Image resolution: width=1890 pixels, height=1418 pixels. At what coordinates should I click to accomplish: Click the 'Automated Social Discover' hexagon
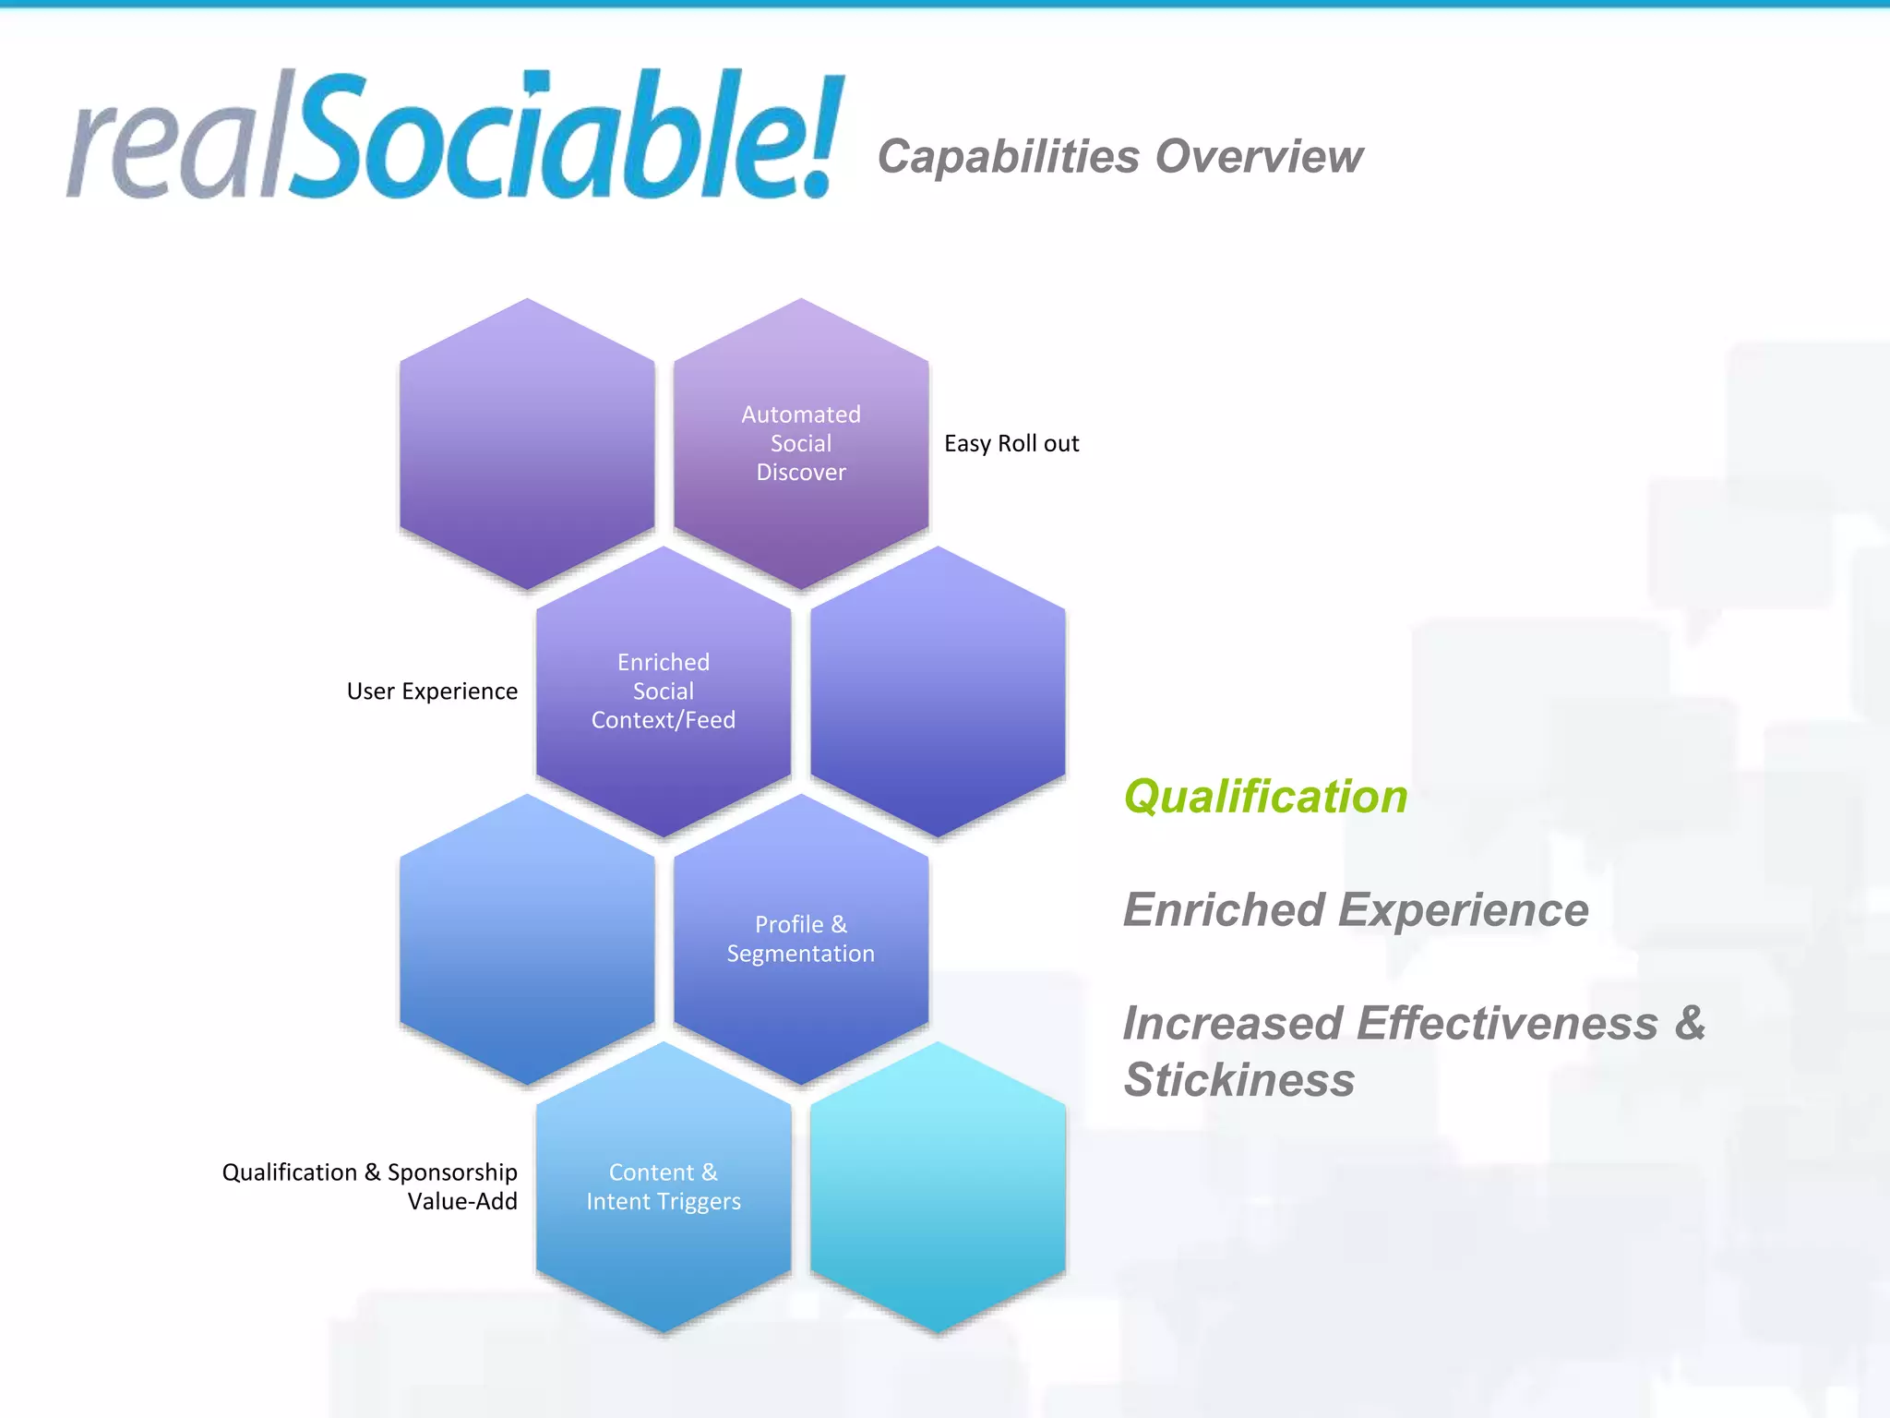[x=801, y=443]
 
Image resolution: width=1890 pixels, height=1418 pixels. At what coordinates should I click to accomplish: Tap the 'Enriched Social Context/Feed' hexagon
[x=664, y=691]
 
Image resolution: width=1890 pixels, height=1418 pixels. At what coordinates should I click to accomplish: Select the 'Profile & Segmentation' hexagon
[x=801, y=939]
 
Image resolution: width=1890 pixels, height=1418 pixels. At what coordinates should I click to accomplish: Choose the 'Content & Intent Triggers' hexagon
[x=664, y=1186]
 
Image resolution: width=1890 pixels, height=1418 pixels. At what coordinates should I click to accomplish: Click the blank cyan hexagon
[x=938, y=1187]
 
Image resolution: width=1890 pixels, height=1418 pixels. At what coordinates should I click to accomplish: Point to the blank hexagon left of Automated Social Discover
[x=527, y=443]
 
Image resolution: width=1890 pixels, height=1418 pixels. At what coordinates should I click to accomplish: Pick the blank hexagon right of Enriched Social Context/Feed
[x=938, y=691]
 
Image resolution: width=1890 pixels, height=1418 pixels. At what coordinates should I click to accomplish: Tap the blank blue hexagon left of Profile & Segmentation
[x=527, y=939]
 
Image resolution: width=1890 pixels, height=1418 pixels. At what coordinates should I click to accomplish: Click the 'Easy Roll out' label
[x=1011, y=444]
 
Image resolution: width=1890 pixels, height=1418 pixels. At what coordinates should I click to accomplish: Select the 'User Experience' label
[x=432, y=691]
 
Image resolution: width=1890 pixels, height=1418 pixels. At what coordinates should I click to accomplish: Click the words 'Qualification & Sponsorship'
[x=369, y=1172]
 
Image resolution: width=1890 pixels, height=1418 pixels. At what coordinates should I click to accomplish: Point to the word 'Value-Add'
[x=462, y=1201]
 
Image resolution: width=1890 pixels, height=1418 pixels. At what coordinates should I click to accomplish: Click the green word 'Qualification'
[x=1265, y=797]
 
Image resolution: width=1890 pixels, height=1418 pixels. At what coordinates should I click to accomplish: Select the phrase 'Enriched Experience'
[x=1356, y=910]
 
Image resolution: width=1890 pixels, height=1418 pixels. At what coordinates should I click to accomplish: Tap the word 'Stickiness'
[x=1239, y=1080]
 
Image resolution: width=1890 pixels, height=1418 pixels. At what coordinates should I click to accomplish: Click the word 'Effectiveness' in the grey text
[x=1507, y=1024]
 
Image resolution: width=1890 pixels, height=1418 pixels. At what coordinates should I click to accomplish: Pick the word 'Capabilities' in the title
[x=1009, y=156]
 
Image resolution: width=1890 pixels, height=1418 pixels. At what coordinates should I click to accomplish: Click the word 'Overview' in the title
[x=1259, y=156]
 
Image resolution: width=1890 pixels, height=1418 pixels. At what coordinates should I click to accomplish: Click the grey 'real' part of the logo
[x=175, y=148]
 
